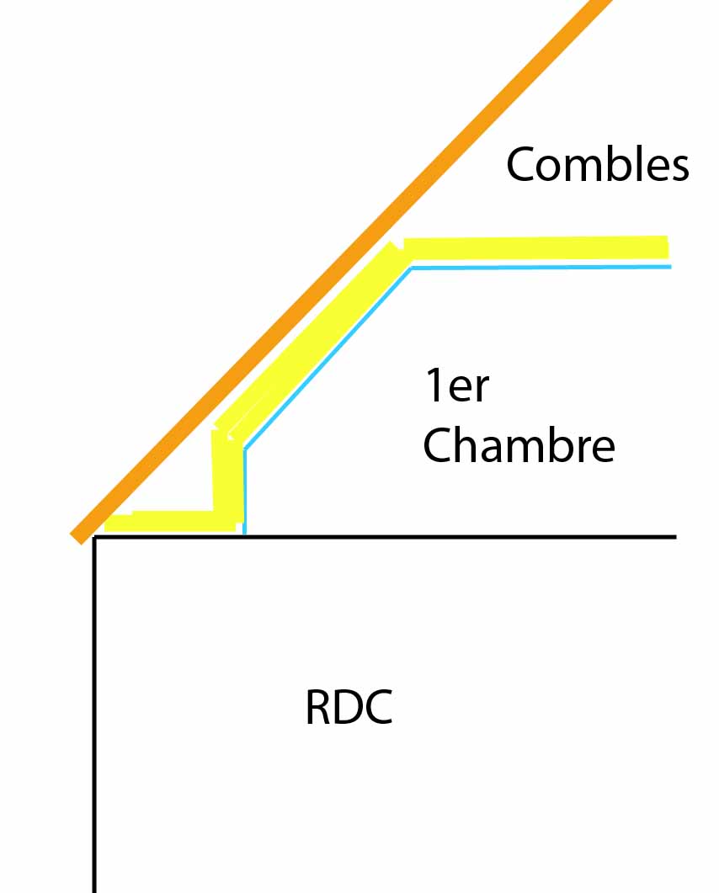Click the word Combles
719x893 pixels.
[x=597, y=164]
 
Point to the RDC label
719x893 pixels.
[x=349, y=708]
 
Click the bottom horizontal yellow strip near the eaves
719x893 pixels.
[x=168, y=521]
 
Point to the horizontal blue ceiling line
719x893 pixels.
[x=539, y=267]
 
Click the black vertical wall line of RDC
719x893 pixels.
[x=94, y=715]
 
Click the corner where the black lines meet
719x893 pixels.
[x=95, y=537]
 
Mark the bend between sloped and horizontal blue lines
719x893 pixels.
[x=411, y=268]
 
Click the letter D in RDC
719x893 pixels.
[x=349, y=708]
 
